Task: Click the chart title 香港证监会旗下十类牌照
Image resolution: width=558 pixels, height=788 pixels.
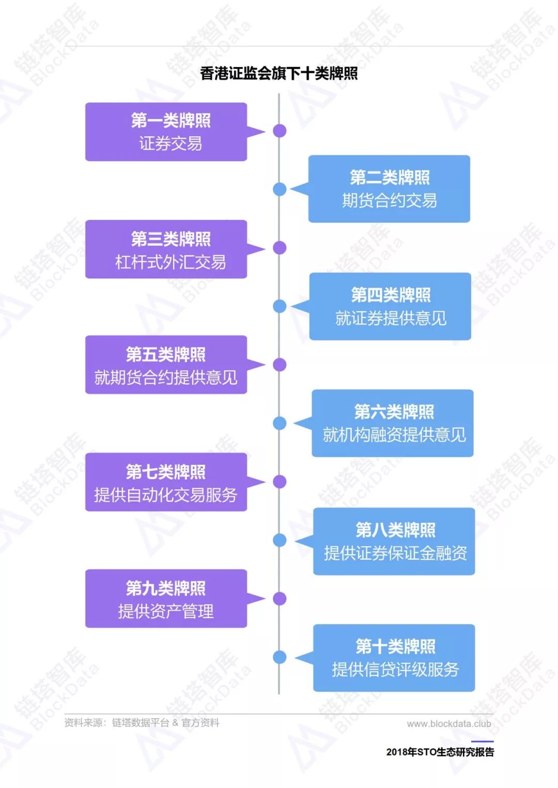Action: [279, 73]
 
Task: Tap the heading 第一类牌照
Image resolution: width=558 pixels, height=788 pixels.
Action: [171, 120]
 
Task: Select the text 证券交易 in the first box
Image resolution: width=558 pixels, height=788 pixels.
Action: [171, 143]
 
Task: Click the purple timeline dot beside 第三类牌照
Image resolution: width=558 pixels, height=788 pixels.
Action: [280, 248]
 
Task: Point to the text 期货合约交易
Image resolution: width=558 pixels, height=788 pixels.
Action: [390, 200]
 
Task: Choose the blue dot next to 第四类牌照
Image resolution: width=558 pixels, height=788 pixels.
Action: [280, 306]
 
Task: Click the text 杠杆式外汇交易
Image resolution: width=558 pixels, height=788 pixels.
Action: [171, 262]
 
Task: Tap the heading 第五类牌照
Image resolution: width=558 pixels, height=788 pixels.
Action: [166, 354]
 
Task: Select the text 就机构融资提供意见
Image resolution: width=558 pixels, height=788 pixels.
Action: [394, 435]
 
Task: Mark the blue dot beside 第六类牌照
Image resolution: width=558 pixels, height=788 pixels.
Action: [280, 423]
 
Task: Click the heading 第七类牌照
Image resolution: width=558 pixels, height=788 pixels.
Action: [166, 472]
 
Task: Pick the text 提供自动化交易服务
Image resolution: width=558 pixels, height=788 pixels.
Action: [166, 495]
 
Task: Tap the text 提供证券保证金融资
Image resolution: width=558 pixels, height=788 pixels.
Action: [396, 553]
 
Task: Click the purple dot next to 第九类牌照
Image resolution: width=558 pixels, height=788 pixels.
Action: [280, 598]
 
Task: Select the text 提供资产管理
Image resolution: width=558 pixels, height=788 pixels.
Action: [166, 611]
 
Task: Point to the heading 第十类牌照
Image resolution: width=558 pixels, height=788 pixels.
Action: [396, 646]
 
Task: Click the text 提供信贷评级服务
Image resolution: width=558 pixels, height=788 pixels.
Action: [396, 669]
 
